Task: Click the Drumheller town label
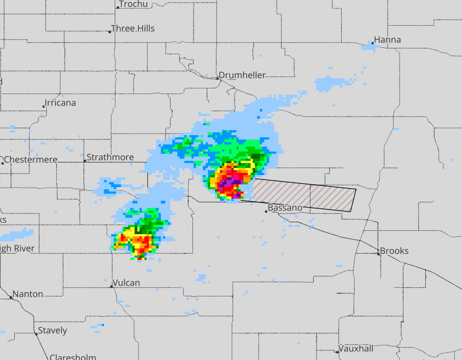tap(242, 76)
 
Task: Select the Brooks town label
tap(394, 251)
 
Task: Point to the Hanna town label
tap(388, 40)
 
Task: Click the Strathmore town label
tap(110, 158)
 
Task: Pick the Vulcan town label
tap(126, 283)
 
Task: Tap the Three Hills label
tap(133, 28)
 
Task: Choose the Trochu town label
tap(134, 4)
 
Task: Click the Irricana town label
tap(61, 103)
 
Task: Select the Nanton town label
tap(28, 294)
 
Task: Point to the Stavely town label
tap(52, 330)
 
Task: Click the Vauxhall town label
tap(356, 349)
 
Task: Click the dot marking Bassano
tap(266, 211)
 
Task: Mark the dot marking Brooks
tap(378, 254)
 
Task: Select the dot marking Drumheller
tap(217, 78)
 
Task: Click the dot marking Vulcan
tap(112, 286)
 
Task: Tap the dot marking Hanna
tap(372, 43)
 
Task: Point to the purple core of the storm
tap(231, 180)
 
